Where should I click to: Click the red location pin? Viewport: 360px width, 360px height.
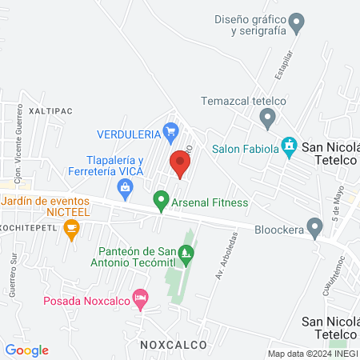coord(179,163)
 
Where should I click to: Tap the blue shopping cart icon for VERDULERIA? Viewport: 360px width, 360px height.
coord(170,130)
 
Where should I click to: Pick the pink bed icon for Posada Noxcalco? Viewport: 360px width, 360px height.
coord(140,300)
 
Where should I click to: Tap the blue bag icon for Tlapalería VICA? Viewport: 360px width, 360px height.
coord(125,189)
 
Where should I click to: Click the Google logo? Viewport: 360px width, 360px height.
coord(26,350)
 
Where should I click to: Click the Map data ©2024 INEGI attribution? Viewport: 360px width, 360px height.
coord(313,354)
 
